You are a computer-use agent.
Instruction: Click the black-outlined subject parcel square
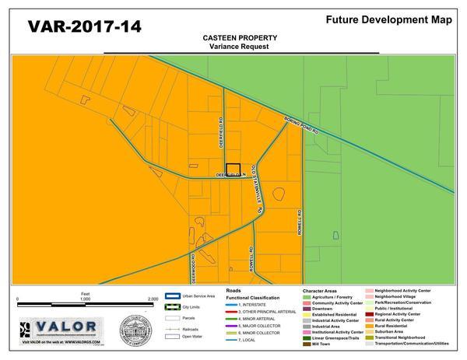[x=233, y=170]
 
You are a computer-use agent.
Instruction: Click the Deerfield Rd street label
[x=220, y=132]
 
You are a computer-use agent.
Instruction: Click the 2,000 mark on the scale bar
[x=153, y=299]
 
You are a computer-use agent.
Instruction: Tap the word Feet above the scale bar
[x=85, y=292]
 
